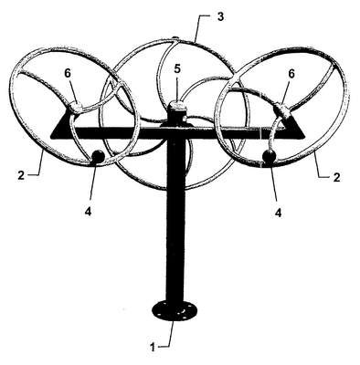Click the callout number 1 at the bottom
click(x=153, y=347)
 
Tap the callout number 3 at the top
click(x=220, y=16)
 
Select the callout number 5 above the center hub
click(x=177, y=69)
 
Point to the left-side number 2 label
click(x=21, y=175)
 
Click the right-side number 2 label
click(x=336, y=177)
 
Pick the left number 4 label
click(x=88, y=212)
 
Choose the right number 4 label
click(x=278, y=213)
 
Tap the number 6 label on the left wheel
click(x=69, y=73)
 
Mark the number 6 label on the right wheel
click(x=291, y=74)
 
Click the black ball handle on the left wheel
click(x=98, y=157)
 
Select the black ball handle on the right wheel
click(x=270, y=156)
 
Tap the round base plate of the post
click(x=175, y=310)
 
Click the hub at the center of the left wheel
click(x=77, y=108)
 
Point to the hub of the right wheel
click(x=282, y=112)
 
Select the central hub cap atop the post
click(x=177, y=106)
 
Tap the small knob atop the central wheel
click(x=175, y=38)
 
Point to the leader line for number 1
click(x=170, y=333)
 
